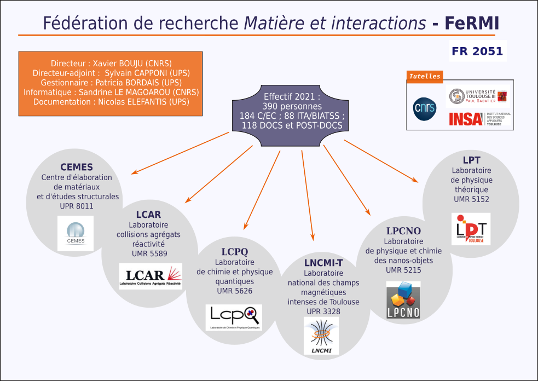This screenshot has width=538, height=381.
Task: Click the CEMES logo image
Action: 75,233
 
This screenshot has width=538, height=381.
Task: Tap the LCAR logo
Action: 151,276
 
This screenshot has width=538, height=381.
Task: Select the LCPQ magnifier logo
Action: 234,317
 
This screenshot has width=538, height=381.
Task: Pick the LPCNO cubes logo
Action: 403,300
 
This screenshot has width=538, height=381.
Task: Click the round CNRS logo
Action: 425,107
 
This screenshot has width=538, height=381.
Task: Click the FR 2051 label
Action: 477,51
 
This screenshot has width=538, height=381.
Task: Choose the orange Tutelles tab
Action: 425,77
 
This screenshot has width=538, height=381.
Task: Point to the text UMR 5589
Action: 149,253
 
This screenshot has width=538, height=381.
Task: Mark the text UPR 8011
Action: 77,206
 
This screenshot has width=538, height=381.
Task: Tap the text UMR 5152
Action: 471,199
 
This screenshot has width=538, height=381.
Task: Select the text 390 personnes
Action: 291,106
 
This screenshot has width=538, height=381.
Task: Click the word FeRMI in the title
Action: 471,23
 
